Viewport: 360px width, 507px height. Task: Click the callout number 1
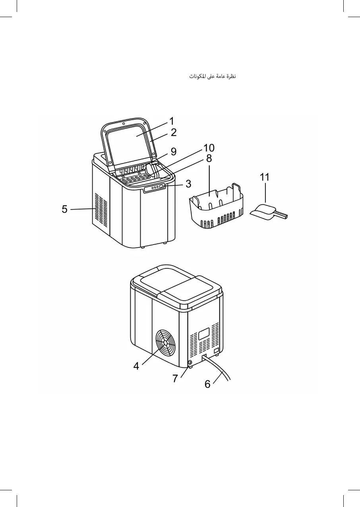(x=172, y=120)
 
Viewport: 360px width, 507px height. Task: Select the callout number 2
(x=174, y=132)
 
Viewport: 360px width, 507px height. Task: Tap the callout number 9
(x=173, y=152)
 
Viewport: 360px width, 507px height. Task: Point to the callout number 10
(x=209, y=148)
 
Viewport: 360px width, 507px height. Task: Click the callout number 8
(x=209, y=158)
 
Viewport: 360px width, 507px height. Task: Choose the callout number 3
(x=188, y=184)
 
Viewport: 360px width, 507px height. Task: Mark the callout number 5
(x=64, y=209)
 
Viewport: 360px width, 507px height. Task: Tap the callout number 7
(x=175, y=378)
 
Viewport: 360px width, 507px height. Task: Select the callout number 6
(x=207, y=384)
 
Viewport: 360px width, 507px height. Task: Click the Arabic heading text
(x=213, y=76)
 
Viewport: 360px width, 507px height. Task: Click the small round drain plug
(x=189, y=363)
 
